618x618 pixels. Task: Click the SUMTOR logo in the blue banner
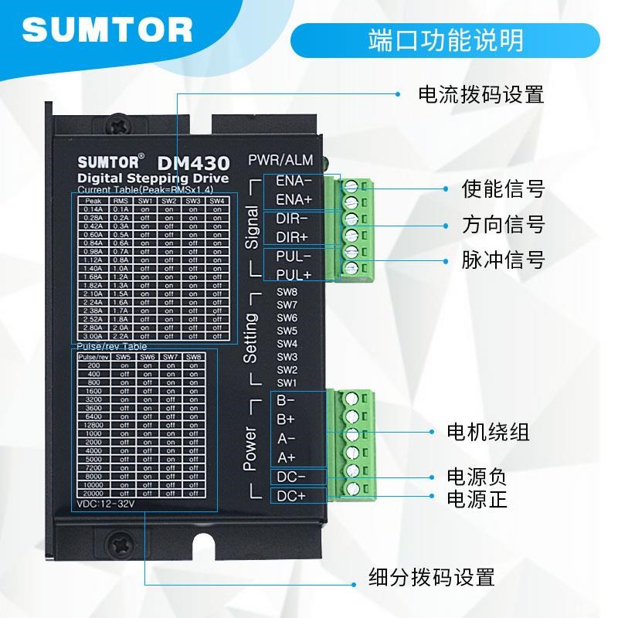pyautogui.click(x=107, y=31)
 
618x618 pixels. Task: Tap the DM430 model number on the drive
pyautogui.click(x=193, y=163)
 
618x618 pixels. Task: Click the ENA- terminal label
pyautogui.click(x=294, y=182)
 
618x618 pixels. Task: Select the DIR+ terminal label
pyautogui.click(x=292, y=236)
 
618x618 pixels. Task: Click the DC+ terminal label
pyautogui.click(x=291, y=495)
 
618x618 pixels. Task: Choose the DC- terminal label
pyautogui.click(x=291, y=477)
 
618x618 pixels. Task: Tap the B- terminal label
pyautogui.click(x=286, y=401)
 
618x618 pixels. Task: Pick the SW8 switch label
pyautogui.click(x=287, y=292)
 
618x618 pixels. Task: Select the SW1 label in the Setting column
pyautogui.click(x=287, y=383)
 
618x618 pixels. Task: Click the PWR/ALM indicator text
pyautogui.click(x=280, y=161)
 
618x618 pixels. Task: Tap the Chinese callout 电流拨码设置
pyautogui.click(x=480, y=95)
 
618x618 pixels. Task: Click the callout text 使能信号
pyautogui.click(x=503, y=188)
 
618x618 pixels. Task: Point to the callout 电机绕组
pyautogui.click(x=489, y=432)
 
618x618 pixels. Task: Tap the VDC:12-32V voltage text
pyautogui.click(x=107, y=504)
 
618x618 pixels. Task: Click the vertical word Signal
pyautogui.click(x=252, y=227)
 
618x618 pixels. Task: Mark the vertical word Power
pyautogui.click(x=250, y=448)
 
